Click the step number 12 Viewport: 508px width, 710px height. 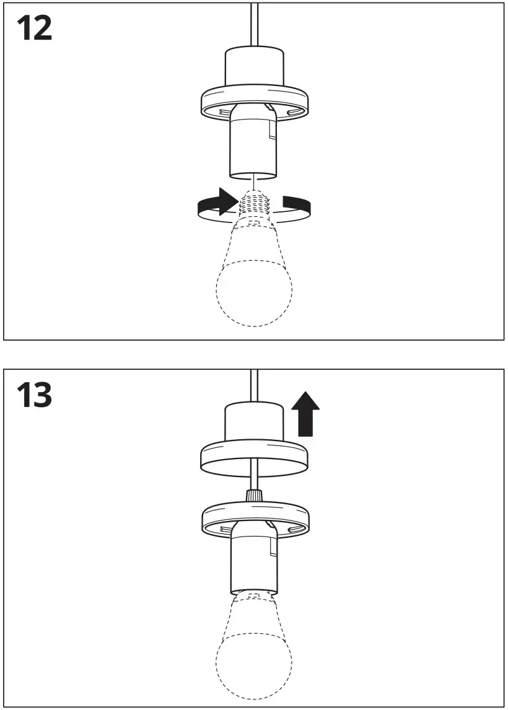[x=34, y=28]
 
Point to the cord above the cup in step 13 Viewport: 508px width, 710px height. [x=254, y=384]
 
